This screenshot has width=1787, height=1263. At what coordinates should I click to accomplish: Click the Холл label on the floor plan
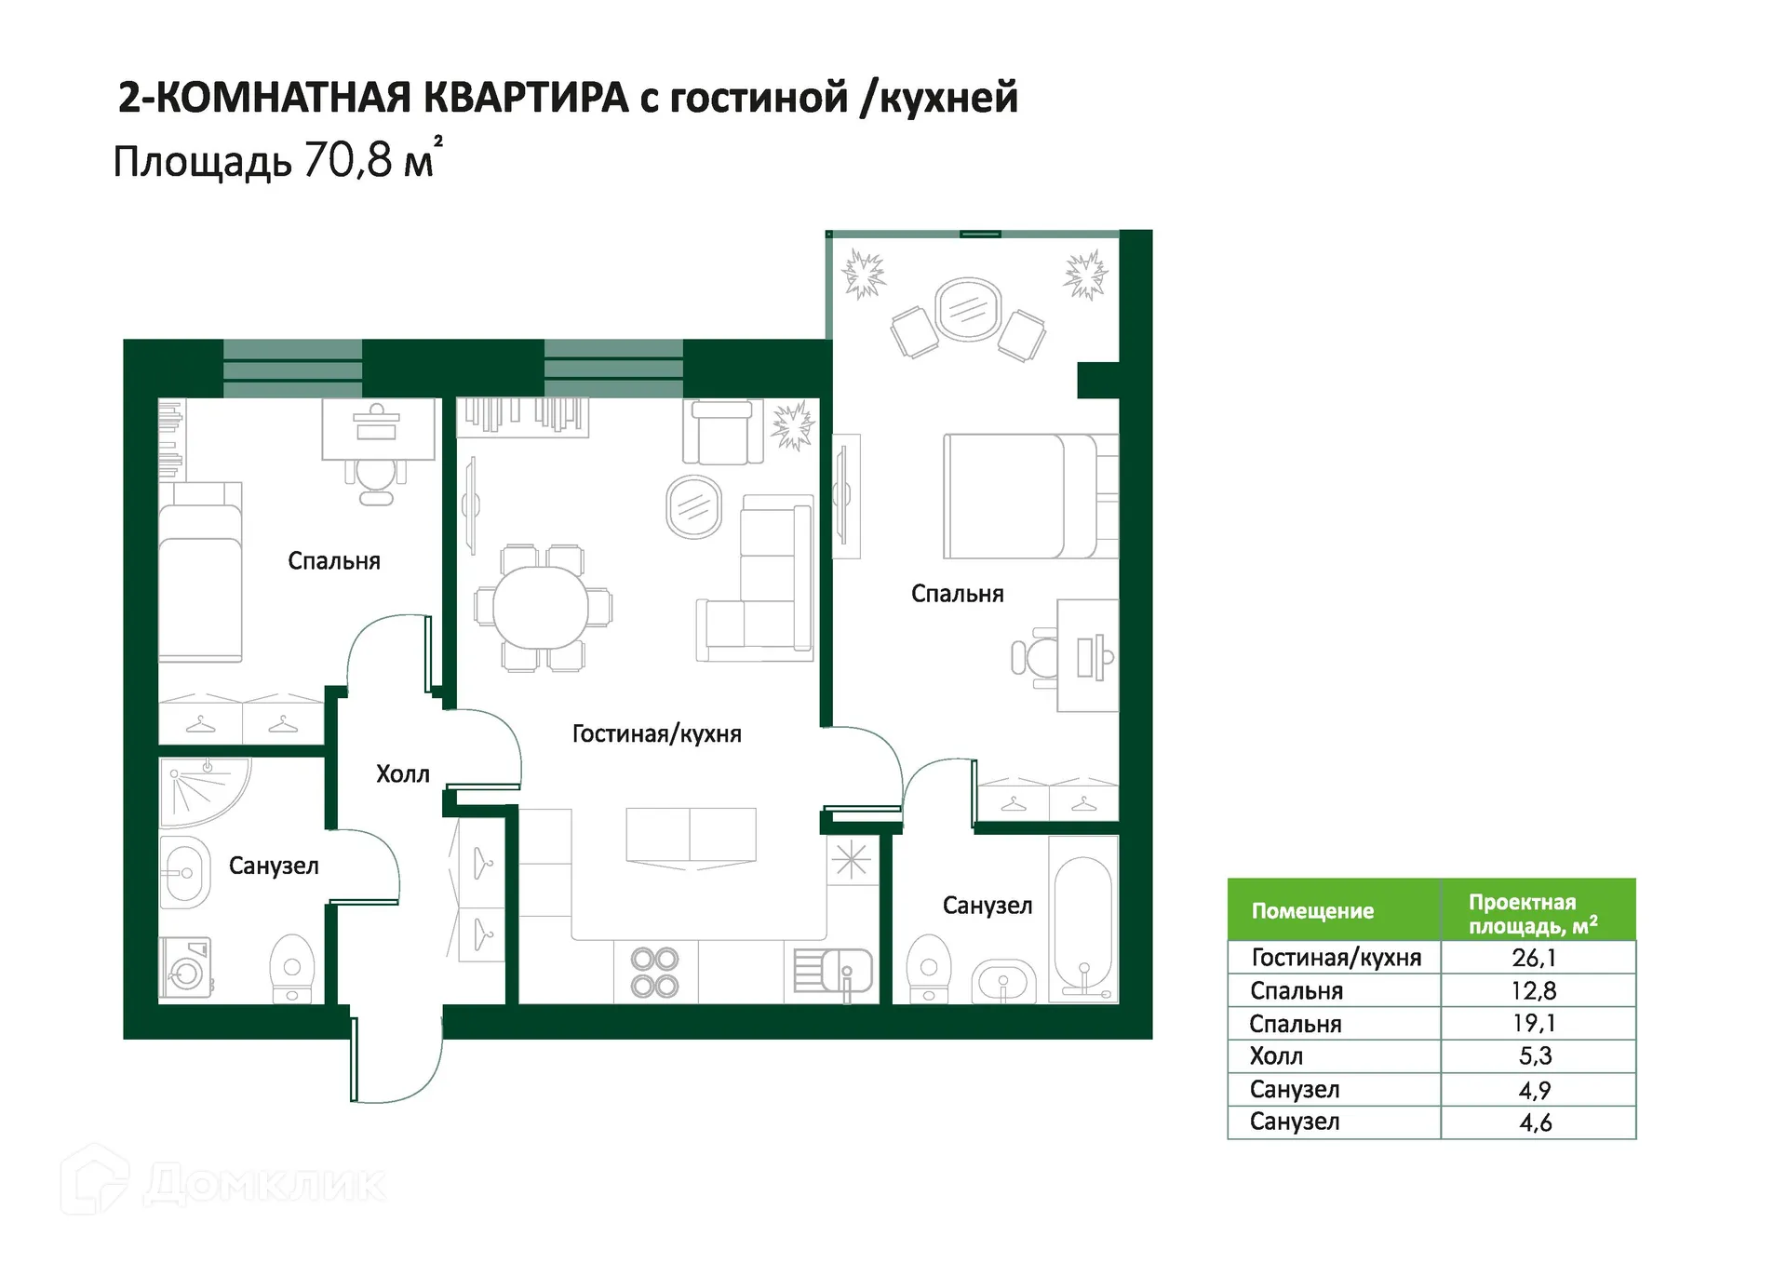402,774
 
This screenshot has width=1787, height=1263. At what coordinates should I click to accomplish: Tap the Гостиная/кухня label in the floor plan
656,734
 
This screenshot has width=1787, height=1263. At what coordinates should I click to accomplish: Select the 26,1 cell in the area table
1534,958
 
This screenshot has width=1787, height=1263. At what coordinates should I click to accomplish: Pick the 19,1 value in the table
1534,1024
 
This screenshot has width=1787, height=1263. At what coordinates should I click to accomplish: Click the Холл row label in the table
1276,1056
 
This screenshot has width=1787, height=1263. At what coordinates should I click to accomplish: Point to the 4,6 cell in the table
1535,1122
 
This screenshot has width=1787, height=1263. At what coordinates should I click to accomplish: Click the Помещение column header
1312,911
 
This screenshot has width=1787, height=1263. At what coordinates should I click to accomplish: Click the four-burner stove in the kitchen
654,973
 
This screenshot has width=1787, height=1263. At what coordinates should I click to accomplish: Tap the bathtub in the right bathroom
1083,920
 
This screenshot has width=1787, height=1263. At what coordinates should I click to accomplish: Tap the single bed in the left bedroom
200,571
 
